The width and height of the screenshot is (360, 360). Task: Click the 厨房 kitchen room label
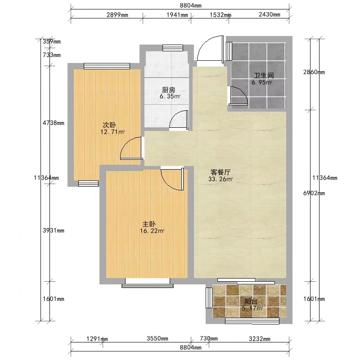click(x=168, y=90)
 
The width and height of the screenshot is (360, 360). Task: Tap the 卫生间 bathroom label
click(x=264, y=75)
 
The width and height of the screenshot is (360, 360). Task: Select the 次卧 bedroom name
click(x=109, y=125)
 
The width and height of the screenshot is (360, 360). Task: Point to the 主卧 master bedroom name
click(x=149, y=224)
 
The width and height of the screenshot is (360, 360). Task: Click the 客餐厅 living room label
click(x=220, y=172)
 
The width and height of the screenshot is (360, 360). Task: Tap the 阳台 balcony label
click(x=251, y=301)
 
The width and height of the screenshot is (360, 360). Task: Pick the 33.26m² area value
click(x=220, y=179)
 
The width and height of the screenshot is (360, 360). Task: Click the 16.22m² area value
click(x=152, y=231)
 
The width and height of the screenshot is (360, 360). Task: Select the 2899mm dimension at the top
click(x=117, y=15)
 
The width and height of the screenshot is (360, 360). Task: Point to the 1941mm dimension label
click(x=177, y=15)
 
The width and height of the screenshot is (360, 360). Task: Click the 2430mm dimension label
click(x=270, y=14)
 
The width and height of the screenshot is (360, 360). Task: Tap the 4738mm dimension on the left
click(x=54, y=123)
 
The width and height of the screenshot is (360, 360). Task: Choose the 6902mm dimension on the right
click(x=314, y=193)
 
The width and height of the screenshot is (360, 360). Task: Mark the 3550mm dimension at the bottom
click(x=157, y=339)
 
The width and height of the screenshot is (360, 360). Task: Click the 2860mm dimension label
click(x=314, y=72)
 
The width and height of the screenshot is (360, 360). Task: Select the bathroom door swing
click(x=239, y=96)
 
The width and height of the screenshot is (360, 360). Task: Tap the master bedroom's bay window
click(x=148, y=283)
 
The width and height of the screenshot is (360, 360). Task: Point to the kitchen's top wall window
click(x=173, y=48)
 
